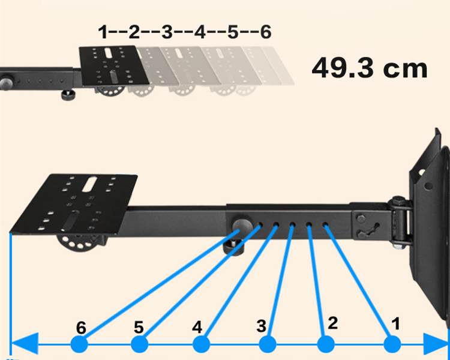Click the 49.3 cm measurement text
pyautogui.click(x=369, y=68)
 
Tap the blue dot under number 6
pyautogui.click(x=79, y=344)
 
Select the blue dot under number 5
pyautogui.click(x=139, y=344)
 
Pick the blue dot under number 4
pyautogui.click(x=201, y=344)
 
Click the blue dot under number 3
pyautogui.click(x=267, y=344)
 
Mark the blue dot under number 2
pyautogui.click(x=326, y=344)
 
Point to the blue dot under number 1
pyautogui.click(x=392, y=344)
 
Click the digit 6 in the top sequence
pyautogui.click(x=265, y=31)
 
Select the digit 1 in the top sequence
pyautogui.click(x=103, y=31)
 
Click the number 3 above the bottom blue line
pyautogui.click(x=261, y=326)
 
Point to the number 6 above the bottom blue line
pyautogui.click(x=82, y=328)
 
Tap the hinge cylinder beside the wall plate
pyautogui.click(x=398, y=219)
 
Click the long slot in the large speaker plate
pyautogui.click(x=91, y=184)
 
